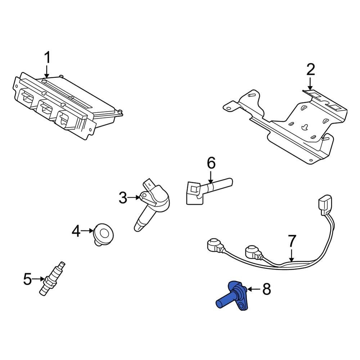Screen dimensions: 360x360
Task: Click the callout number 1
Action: (47, 58)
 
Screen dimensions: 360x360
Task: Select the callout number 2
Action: (310, 69)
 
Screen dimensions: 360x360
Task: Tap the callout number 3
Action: (123, 198)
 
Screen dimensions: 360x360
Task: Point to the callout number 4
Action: (76, 231)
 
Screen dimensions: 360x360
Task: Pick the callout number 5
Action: (28, 279)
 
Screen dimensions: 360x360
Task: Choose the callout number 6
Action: (211, 163)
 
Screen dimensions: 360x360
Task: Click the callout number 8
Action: (266, 289)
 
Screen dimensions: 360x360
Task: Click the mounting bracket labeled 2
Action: (295, 126)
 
